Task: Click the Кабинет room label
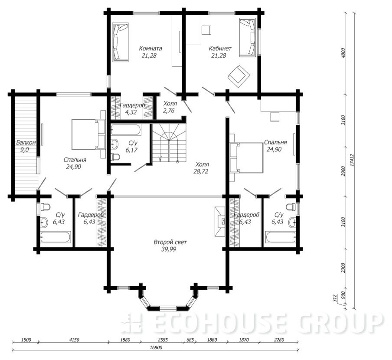[220, 48]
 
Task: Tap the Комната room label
[150, 48]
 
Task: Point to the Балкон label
[26, 143]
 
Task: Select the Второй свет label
[170, 242]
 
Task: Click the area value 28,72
[201, 171]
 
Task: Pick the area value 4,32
[131, 112]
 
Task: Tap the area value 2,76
[169, 111]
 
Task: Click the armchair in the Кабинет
[239, 76]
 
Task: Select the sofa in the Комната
[121, 42]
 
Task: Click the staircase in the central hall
[169, 143]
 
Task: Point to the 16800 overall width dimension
[156, 348]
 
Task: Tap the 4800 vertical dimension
[343, 53]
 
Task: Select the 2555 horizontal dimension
[163, 340]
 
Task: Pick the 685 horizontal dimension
[190, 340]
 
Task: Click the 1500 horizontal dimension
[26, 340]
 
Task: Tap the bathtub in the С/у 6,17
[126, 130]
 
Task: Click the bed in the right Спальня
[246, 158]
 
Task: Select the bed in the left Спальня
[88, 134]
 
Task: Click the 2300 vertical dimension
[343, 268]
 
